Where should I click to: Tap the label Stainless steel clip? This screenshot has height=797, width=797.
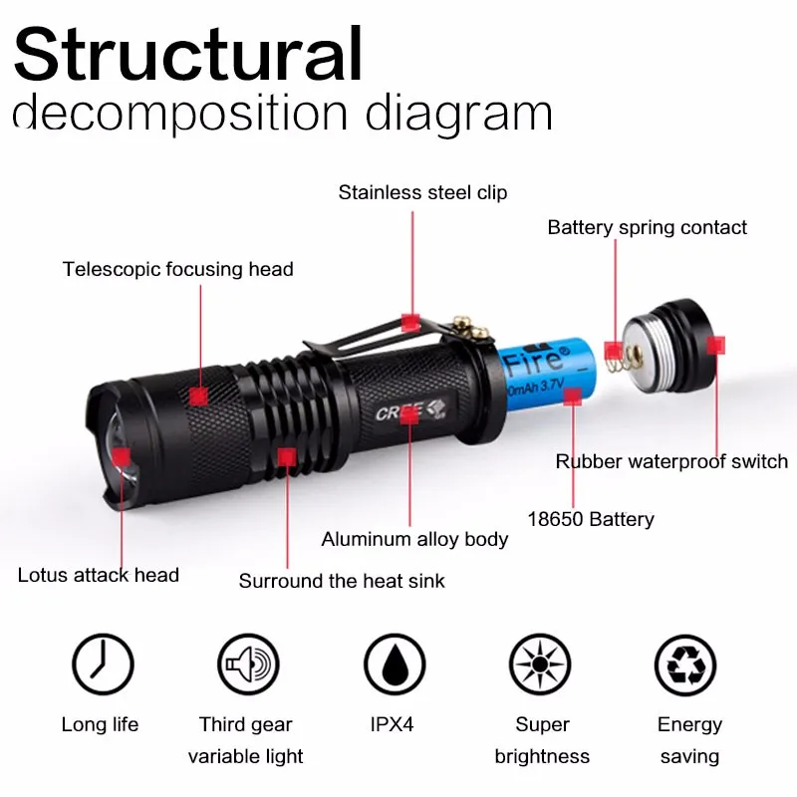click(x=422, y=192)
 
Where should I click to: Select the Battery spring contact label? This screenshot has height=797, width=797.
click(x=647, y=228)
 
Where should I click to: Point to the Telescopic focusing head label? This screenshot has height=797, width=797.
click(x=178, y=269)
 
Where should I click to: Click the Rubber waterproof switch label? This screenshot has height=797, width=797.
click(x=671, y=461)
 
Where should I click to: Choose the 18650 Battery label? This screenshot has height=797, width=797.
click(x=591, y=519)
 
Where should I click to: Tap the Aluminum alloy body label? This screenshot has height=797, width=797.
click(x=414, y=540)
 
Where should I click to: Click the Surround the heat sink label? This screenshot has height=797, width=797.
click(x=342, y=580)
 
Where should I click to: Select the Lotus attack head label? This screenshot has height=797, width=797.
click(x=99, y=575)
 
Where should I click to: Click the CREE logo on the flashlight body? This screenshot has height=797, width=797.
click(x=401, y=409)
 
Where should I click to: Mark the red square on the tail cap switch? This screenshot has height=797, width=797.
click(x=714, y=345)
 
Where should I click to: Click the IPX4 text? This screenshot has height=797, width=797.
click(x=394, y=725)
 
